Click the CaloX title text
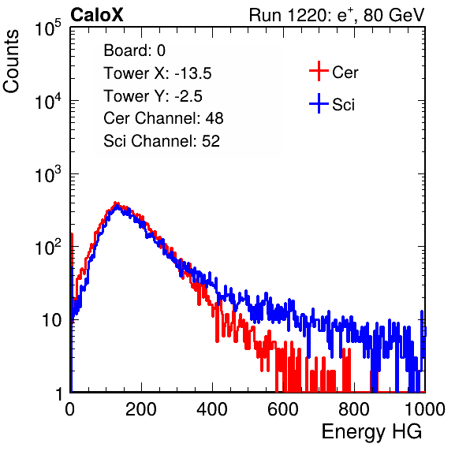pyautogui.click(x=96, y=15)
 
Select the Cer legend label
pyautogui.click(x=345, y=73)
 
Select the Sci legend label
pyautogui.click(x=343, y=105)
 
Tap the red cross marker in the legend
pyautogui.click(x=319, y=71)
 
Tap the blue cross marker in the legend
pyautogui.click(x=319, y=103)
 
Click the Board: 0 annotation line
pyautogui.click(x=134, y=50)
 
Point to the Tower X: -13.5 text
pyautogui.click(x=158, y=73)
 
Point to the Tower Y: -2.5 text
pyautogui.click(x=153, y=96)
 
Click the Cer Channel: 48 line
pyautogui.click(x=163, y=118)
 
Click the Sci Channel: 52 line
pyautogui.click(x=162, y=141)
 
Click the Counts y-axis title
pyautogui.click(x=11, y=61)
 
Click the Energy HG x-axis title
pyautogui.click(x=371, y=432)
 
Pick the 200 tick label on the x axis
pyautogui.click(x=141, y=409)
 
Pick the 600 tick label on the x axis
pyautogui.click(x=283, y=409)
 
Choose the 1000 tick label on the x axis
pyautogui.click(x=425, y=409)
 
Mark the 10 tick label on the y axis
pyautogui.click(x=51, y=320)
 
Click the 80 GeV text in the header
pyautogui.click(x=394, y=15)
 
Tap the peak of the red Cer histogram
pyautogui.click(x=116, y=203)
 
